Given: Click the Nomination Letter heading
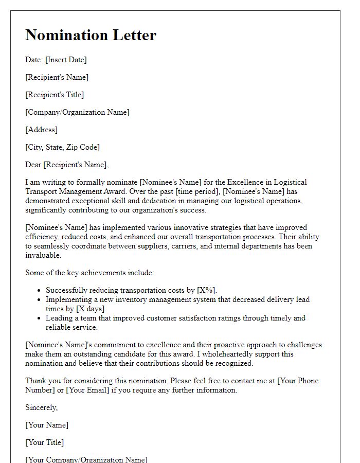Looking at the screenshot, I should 91,35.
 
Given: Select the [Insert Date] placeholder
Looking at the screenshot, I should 66,60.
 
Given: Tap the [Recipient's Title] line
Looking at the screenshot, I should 55,95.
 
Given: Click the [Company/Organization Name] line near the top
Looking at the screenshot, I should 77,112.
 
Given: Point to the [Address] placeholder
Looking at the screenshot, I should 42,130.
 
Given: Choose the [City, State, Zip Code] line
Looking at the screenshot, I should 62,147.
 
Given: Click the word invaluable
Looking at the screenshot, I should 43,255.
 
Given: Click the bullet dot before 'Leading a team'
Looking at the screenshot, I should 40,318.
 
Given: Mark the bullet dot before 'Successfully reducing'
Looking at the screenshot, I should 40,290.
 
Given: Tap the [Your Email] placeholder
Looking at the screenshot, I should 94,390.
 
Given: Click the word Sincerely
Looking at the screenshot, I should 42,407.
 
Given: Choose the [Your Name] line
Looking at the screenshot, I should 47,425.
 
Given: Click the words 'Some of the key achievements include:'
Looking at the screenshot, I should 89,273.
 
